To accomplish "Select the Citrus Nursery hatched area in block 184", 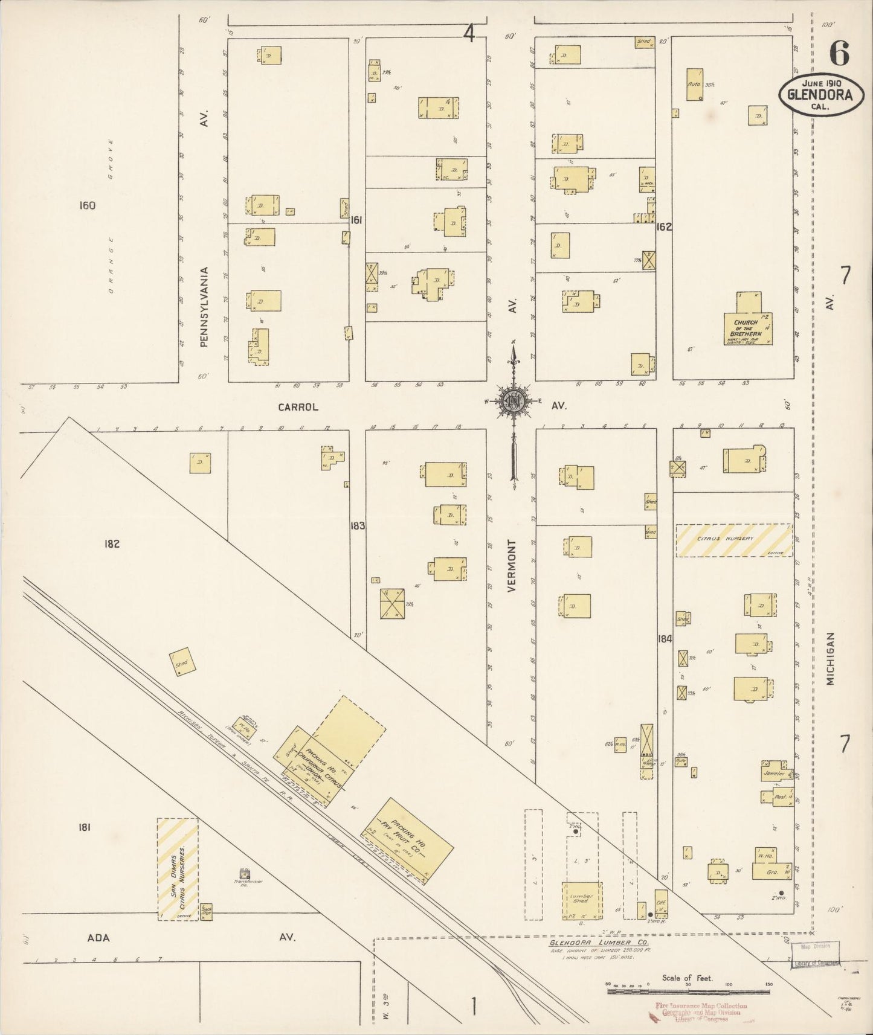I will click(733, 540).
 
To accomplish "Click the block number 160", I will click(87, 206).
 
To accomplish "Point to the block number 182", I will click(112, 543).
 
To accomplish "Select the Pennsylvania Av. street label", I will click(204, 306).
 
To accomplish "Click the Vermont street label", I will click(512, 566).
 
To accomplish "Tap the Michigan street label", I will click(831, 658).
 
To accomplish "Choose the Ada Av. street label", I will click(98, 937).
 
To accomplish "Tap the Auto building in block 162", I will click(694, 84).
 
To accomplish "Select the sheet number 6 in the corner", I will click(839, 54).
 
